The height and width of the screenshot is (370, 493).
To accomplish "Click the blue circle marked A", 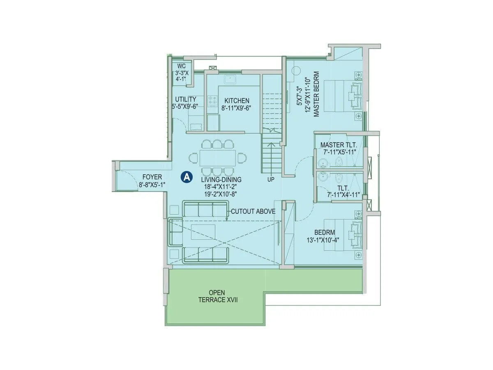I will [x=187, y=177].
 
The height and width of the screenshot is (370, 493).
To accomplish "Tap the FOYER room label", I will [x=152, y=177].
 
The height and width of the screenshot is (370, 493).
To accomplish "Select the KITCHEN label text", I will [x=237, y=101].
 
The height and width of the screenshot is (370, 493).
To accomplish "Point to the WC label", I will [x=181, y=66].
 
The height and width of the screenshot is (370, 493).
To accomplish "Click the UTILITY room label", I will [x=186, y=99].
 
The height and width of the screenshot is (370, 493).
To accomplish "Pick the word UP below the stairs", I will [x=271, y=179].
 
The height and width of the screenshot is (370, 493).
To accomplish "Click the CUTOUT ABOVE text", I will [x=253, y=212].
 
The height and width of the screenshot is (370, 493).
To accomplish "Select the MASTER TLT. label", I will [x=339, y=145].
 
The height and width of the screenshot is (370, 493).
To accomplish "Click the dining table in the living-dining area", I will [x=218, y=158].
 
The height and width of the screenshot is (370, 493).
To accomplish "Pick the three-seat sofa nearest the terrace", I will [x=205, y=254].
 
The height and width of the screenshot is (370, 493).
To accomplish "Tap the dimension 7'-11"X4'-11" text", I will [x=343, y=194].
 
